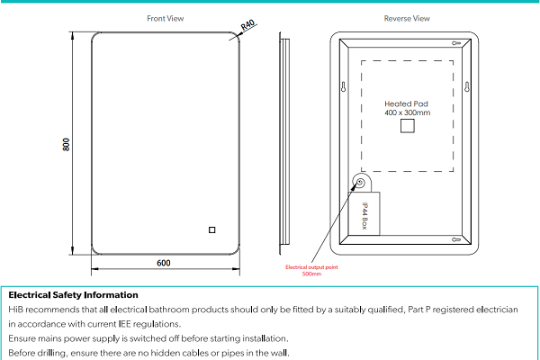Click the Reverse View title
coord(407,18)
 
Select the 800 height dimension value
coord(66,144)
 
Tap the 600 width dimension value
coord(164,263)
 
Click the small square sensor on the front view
coord(212,229)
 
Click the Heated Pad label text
coord(407,103)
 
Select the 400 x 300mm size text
coord(407,113)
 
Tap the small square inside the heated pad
coord(407,128)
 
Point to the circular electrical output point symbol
coord(360,184)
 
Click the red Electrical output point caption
coord(310,267)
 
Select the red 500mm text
coord(310,274)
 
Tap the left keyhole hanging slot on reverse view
coord(344,87)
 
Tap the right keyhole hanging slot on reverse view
coord(469,87)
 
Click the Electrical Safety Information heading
coord(73,294)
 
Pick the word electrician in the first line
coord(496,309)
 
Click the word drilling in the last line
coord(52,352)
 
